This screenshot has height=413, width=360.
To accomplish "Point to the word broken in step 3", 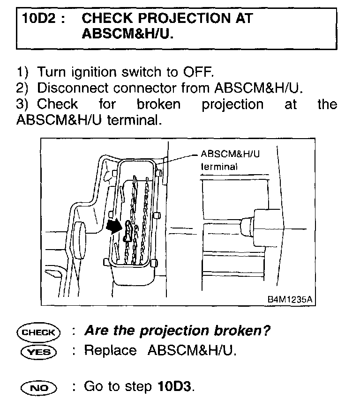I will click(158, 103).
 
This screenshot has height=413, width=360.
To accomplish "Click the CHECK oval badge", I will click(38, 332).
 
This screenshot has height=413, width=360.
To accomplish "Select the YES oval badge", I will click(38, 352).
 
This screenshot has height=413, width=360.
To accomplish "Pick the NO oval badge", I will click(38, 387).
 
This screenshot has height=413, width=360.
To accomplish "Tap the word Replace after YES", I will click(110, 351).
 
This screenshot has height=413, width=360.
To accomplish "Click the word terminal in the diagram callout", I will click(219, 166).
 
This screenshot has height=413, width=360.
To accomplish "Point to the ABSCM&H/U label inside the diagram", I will click(230, 154).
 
